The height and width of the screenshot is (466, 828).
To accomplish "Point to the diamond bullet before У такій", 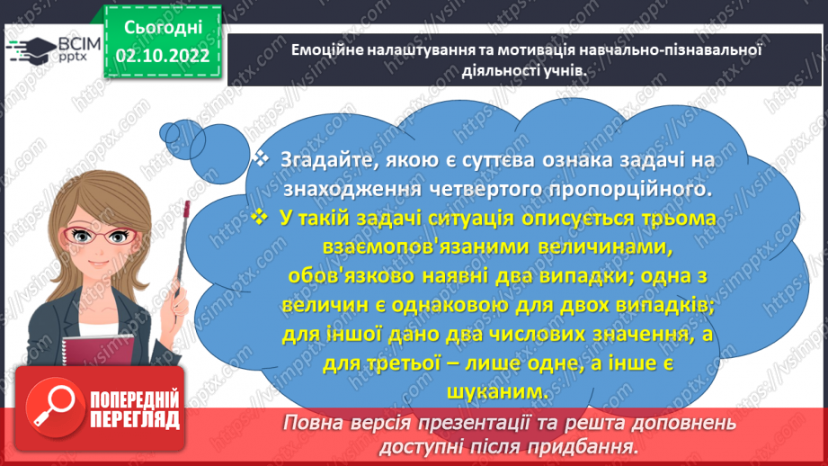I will click(x=262, y=219).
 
